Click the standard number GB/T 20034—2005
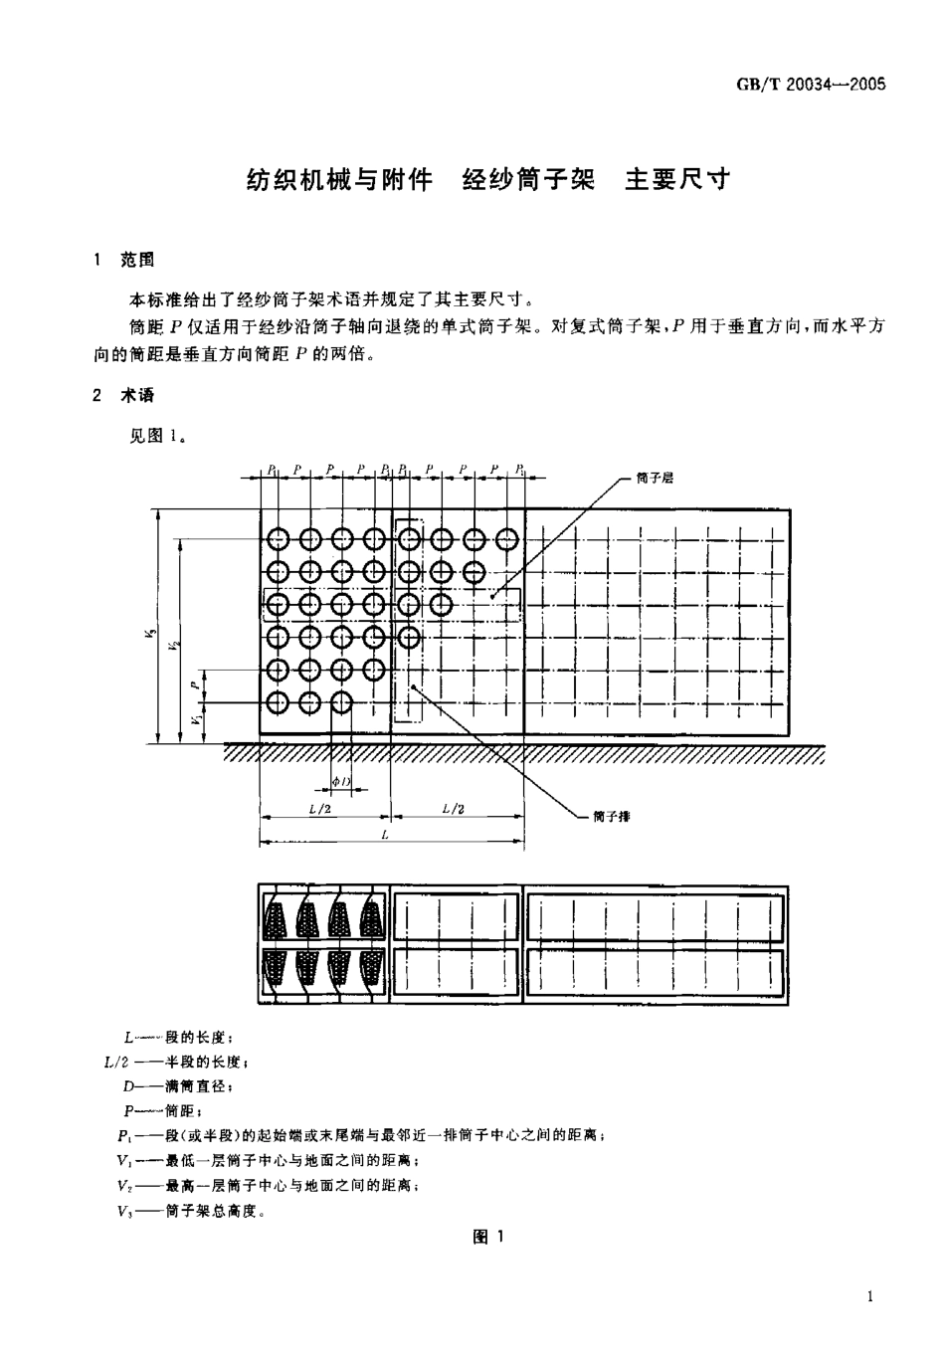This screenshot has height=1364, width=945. (810, 84)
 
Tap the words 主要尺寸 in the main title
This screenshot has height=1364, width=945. (677, 179)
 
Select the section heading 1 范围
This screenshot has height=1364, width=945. (124, 260)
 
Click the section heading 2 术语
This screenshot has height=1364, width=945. (124, 395)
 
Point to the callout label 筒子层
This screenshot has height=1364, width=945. (655, 478)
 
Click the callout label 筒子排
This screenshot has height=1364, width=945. (611, 816)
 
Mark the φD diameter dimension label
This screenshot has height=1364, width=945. (340, 782)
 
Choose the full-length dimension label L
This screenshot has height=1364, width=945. (385, 835)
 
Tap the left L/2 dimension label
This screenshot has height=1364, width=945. (320, 809)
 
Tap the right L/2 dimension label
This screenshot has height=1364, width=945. (453, 809)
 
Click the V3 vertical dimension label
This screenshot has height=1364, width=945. (149, 630)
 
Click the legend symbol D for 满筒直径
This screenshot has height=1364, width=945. (128, 1087)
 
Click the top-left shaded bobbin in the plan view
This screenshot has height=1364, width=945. (276, 916)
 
